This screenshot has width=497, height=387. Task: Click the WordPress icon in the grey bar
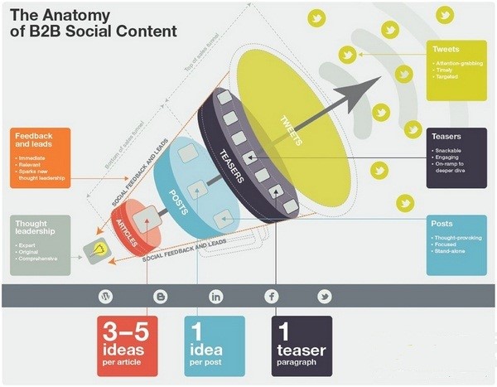(x=105, y=296)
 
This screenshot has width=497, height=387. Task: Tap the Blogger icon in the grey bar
(x=160, y=296)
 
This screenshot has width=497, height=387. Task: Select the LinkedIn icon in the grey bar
(x=216, y=296)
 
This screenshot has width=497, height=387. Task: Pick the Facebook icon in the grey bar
(x=271, y=296)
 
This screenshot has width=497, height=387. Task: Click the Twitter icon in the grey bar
(x=325, y=296)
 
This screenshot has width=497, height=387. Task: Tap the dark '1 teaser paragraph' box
(x=302, y=346)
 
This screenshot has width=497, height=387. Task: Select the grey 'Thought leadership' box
(x=41, y=245)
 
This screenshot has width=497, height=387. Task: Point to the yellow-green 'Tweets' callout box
(x=457, y=66)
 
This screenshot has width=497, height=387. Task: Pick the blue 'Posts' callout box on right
(x=457, y=245)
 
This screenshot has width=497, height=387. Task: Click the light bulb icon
(x=100, y=248)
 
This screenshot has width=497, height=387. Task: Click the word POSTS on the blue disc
(x=176, y=202)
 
